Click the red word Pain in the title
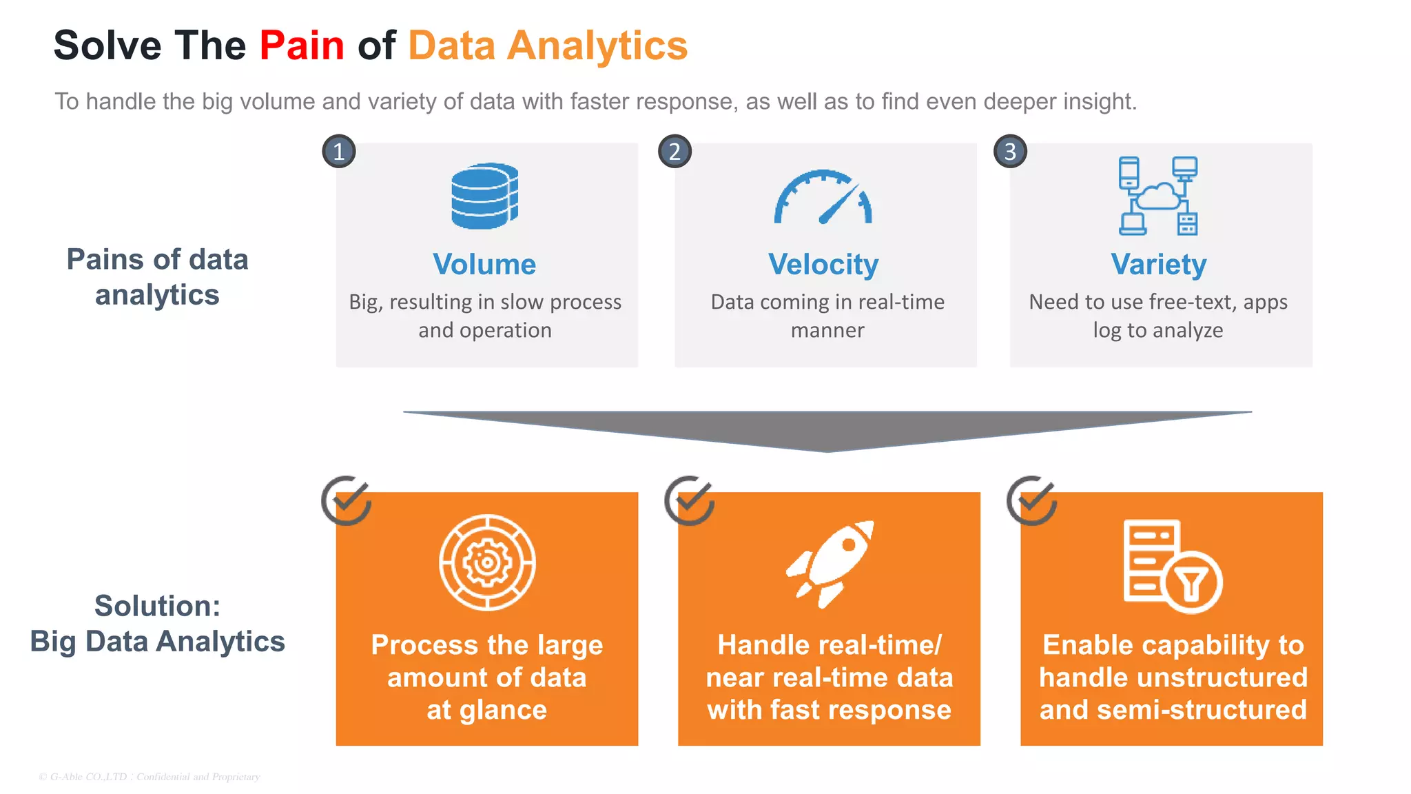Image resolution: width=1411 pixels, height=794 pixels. click(302, 46)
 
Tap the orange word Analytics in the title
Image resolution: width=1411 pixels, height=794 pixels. click(597, 46)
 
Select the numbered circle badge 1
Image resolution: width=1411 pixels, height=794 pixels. click(339, 152)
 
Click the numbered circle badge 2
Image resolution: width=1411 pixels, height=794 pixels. click(674, 152)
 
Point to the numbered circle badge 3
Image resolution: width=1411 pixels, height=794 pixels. click(1010, 152)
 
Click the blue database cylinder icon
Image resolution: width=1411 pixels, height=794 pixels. click(485, 196)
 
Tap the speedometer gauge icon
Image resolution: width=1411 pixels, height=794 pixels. click(823, 198)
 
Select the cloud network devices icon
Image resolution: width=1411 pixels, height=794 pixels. click(1158, 196)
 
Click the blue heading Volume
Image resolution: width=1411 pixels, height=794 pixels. click(484, 265)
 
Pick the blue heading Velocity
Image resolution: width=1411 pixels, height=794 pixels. click(823, 265)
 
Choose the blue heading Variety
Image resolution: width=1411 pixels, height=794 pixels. click(1159, 265)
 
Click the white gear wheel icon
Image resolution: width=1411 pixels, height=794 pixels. click(487, 562)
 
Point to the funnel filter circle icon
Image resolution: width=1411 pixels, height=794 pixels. click(1192, 583)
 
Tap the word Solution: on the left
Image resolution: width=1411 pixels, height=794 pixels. click(158, 607)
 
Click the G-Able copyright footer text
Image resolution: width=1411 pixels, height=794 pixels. click(150, 777)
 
